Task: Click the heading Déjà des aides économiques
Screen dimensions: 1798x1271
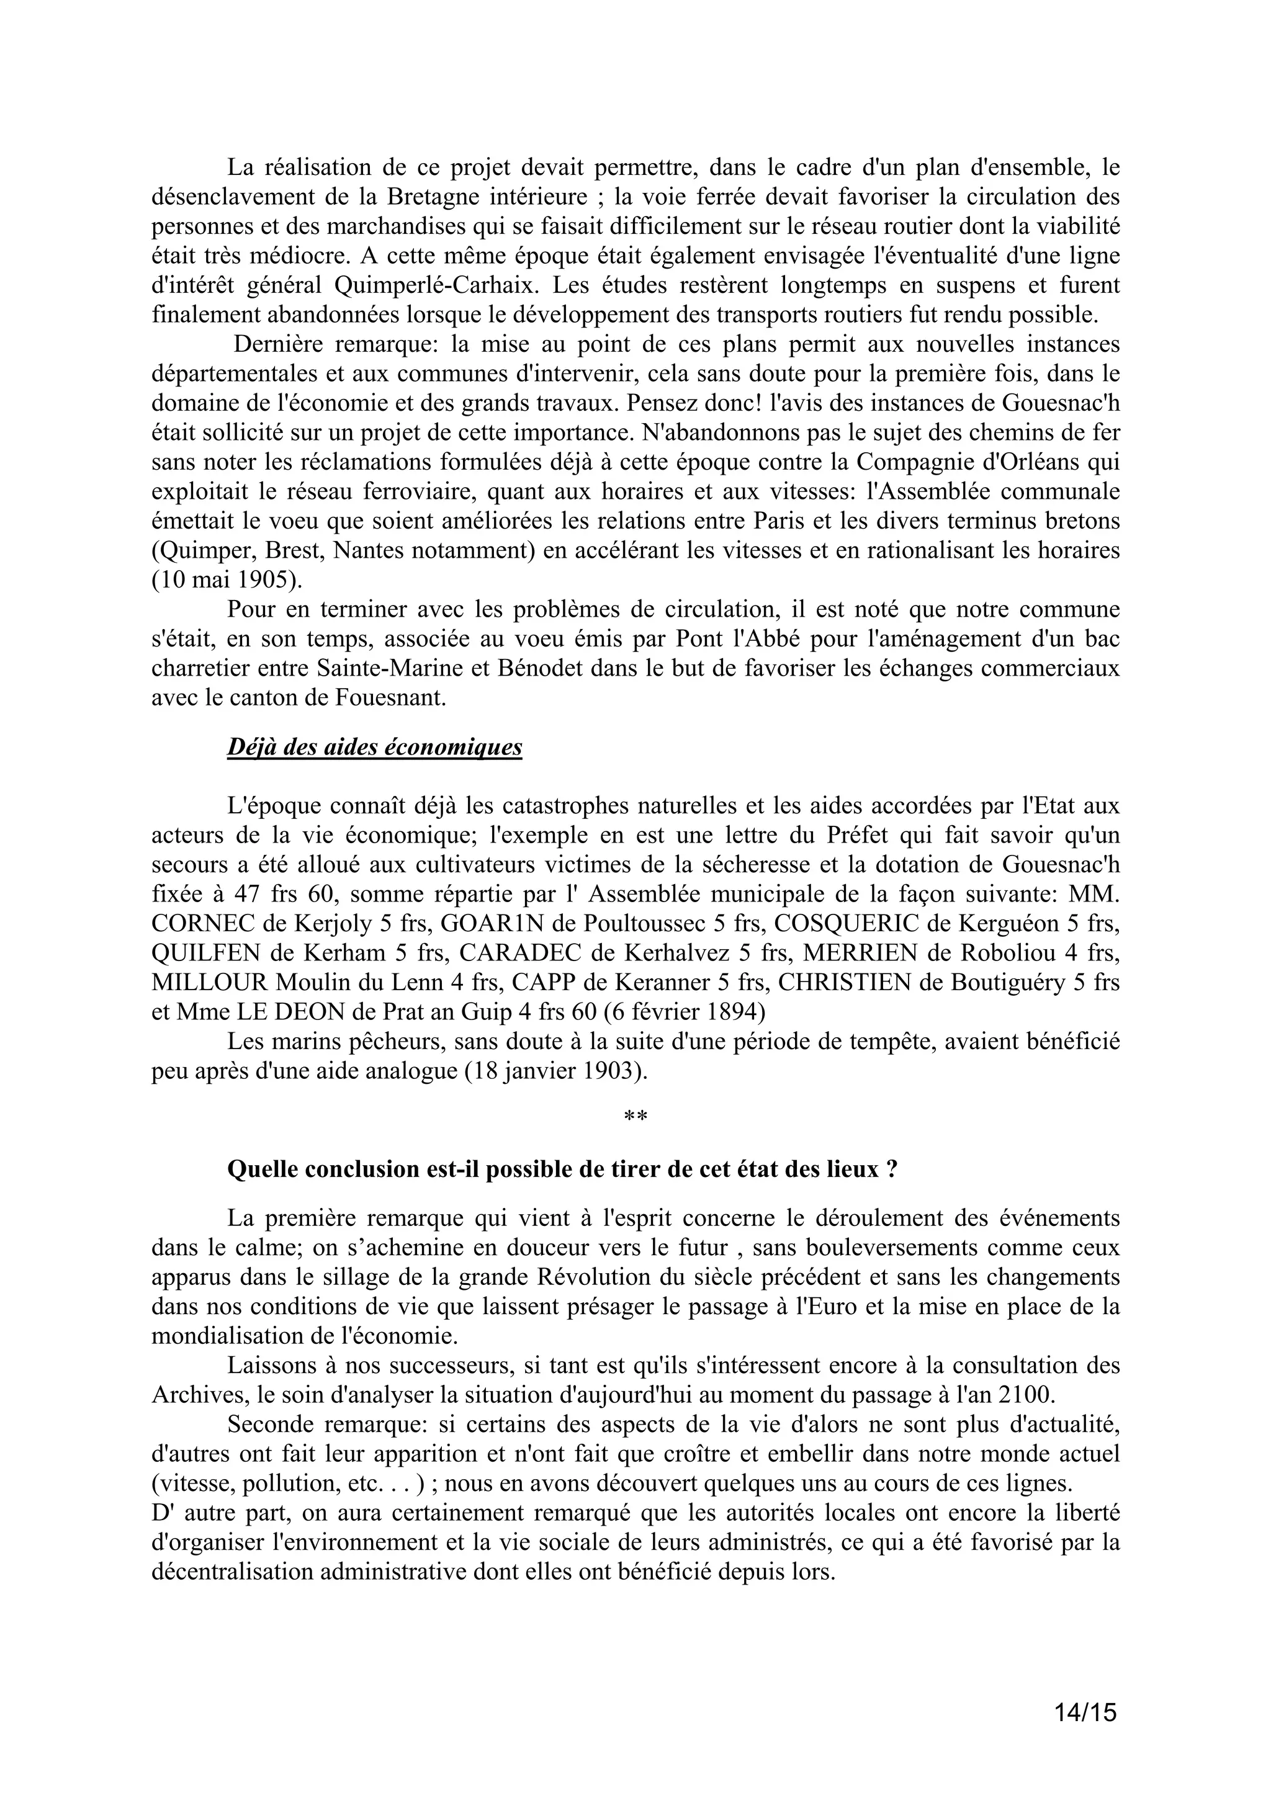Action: (x=374, y=747)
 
